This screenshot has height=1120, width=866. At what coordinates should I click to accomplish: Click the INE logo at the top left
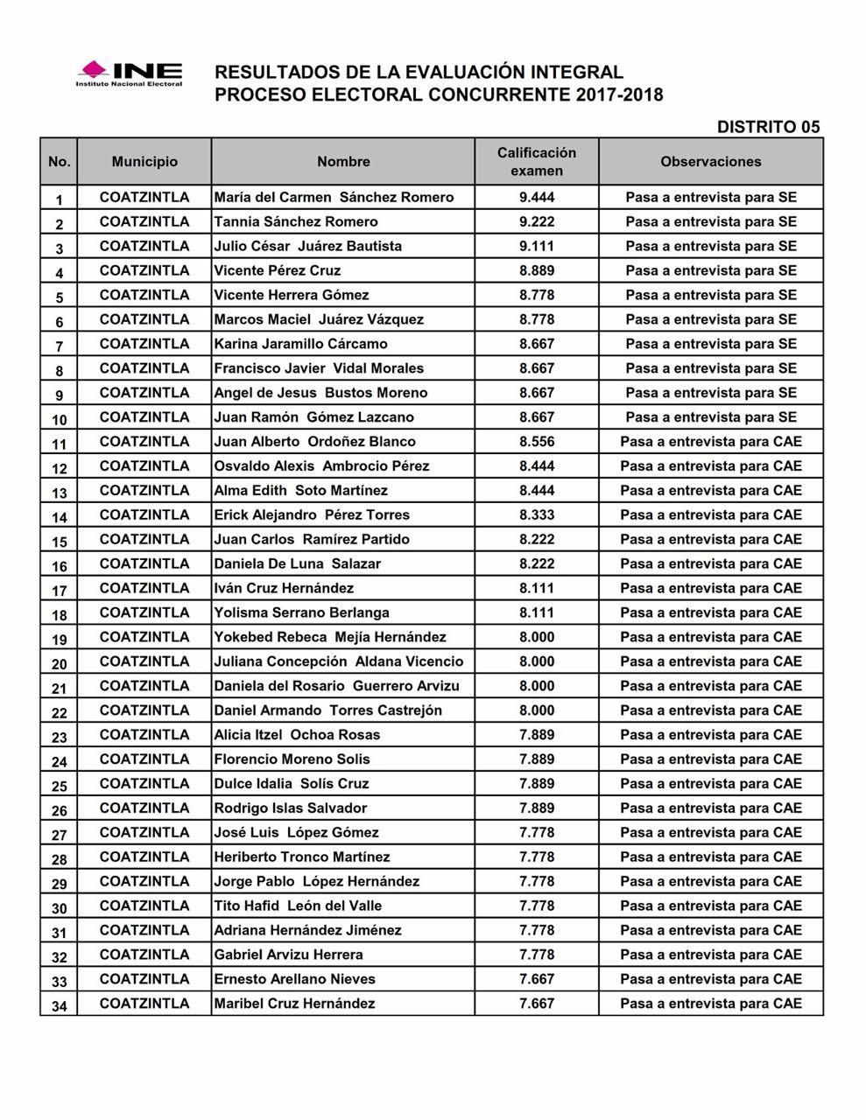pyautogui.click(x=130, y=73)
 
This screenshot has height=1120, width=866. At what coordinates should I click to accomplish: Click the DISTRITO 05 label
pyautogui.click(x=768, y=127)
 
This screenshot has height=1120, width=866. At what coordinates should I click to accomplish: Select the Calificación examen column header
pyautogui.click(x=537, y=162)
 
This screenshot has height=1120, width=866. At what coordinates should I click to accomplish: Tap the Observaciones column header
pyautogui.click(x=711, y=162)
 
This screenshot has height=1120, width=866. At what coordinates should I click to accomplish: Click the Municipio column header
pyautogui.click(x=144, y=162)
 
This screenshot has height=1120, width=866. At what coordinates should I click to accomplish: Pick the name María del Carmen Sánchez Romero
pyautogui.click(x=334, y=198)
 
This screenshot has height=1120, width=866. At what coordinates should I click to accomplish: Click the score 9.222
pyautogui.click(x=537, y=222)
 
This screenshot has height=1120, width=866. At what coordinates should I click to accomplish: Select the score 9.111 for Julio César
pyautogui.click(x=537, y=247)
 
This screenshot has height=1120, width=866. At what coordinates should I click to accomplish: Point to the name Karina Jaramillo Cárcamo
pyautogui.click(x=300, y=344)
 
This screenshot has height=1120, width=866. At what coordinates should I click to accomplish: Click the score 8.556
pyautogui.click(x=537, y=442)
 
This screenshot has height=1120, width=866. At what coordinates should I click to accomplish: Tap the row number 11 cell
pyautogui.click(x=59, y=444)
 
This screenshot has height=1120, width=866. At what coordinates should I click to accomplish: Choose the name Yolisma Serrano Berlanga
pyautogui.click(x=301, y=612)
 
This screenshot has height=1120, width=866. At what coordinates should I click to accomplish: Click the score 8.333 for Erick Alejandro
pyautogui.click(x=537, y=515)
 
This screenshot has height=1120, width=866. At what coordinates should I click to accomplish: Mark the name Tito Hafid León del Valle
pyautogui.click(x=298, y=906)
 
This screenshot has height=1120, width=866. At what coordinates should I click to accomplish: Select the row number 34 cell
pyautogui.click(x=59, y=1005)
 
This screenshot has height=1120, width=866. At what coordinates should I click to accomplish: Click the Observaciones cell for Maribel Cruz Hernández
pyautogui.click(x=711, y=1004)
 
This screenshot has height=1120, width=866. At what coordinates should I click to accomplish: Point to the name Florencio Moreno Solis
pyautogui.click(x=292, y=759)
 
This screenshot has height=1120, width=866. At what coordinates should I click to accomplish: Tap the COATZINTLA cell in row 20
pyautogui.click(x=144, y=661)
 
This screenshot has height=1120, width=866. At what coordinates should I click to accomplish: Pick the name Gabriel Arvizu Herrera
pyautogui.click(x=288, y=955)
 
